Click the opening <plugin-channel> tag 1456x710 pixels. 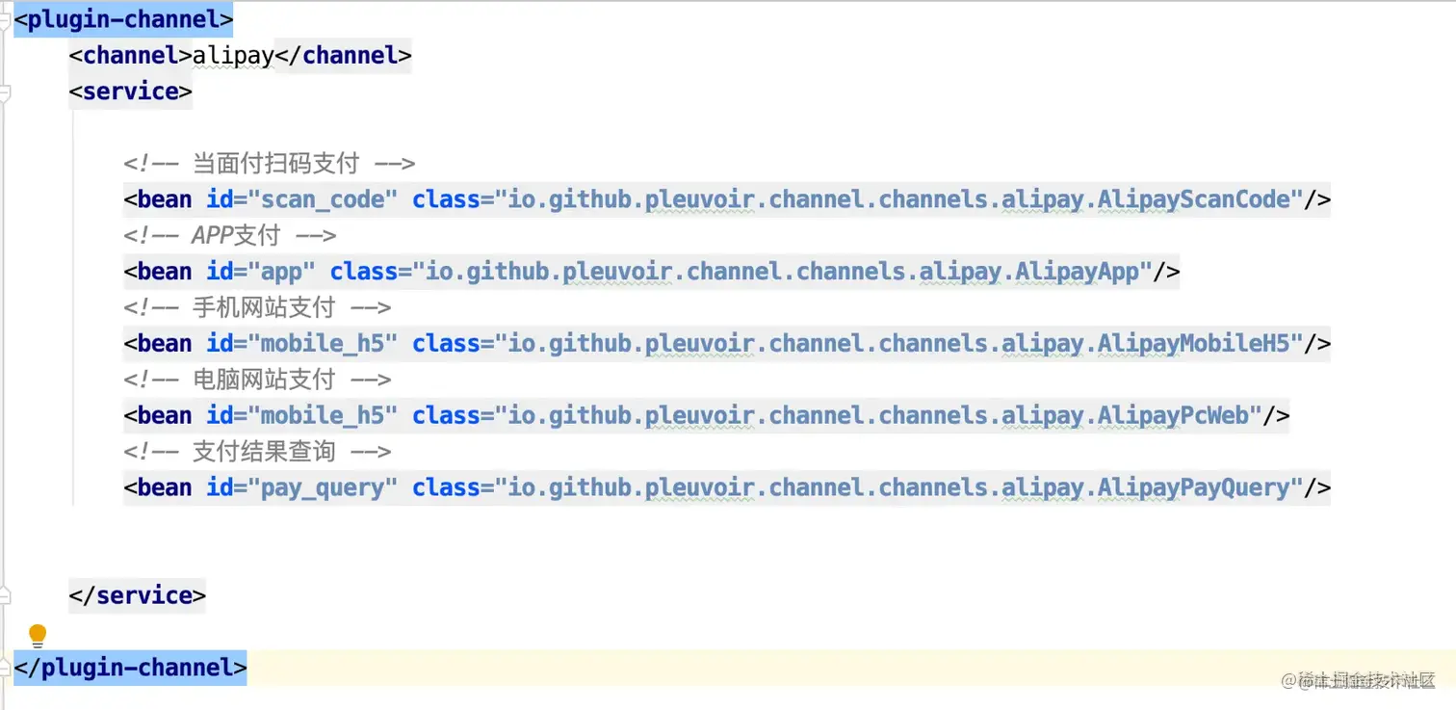(123, 19)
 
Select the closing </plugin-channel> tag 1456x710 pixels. (130, 668)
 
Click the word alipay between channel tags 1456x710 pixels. (233, 56)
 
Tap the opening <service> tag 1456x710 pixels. (130, 92)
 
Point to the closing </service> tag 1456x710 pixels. (137, 595)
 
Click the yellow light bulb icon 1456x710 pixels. (38, 635)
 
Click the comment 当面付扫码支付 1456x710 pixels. (275, 163)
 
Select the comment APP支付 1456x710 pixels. (236, 235)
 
